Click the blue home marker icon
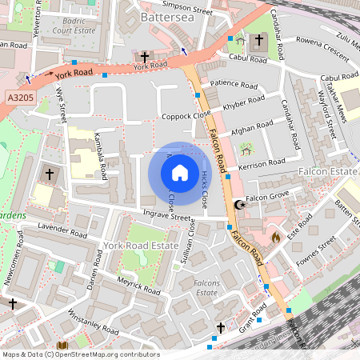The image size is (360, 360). click(180, 173)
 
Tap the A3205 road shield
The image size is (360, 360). click(20, 97)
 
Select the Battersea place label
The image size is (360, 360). click(167, 15)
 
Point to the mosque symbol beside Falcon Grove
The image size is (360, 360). click(238, 205)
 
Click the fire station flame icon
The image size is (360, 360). click(276, 237)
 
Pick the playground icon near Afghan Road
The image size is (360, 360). click(246, 148)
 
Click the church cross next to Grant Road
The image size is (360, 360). click(222, 328)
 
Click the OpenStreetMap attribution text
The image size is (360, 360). click(80, 354)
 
